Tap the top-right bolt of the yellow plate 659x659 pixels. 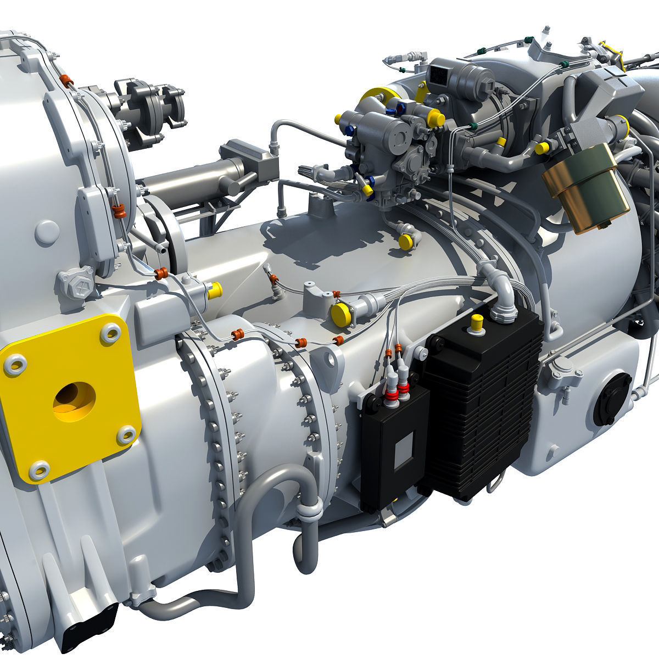[x=111, y=332]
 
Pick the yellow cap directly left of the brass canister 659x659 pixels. [x=541, y=147]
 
